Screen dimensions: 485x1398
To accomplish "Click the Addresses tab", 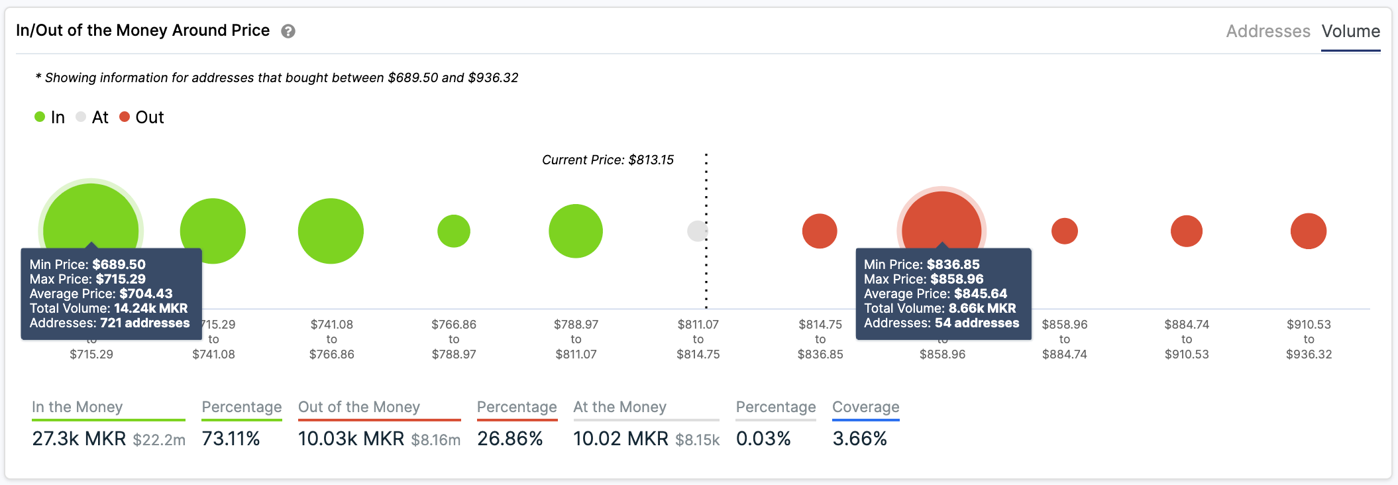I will click(1267, 31).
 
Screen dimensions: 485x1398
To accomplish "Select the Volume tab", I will click(1350, 31).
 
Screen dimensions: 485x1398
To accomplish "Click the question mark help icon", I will click(288, 31).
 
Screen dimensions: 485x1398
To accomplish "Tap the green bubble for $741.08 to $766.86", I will click(331, 231).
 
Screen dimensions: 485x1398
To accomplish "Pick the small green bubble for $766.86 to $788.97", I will click(454, 231).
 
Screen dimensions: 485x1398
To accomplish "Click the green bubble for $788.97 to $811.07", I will click(576, 231).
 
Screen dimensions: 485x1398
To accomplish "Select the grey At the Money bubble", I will click(697, 231).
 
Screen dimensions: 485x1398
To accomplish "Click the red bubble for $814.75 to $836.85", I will click(820, 231).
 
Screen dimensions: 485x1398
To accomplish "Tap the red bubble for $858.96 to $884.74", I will click(1065, 231).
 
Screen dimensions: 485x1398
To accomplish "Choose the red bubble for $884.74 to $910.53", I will click(1187, 231).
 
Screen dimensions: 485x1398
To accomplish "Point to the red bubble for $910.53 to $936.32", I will click(1309, 231).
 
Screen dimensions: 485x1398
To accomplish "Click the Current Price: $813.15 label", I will click(608, 160).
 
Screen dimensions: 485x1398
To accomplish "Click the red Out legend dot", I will click(125, 117).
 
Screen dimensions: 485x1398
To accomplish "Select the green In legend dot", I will click(40, 117).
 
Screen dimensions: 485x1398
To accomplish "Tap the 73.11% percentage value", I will click(231, 439).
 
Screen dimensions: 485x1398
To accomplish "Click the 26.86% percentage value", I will click(510, 439).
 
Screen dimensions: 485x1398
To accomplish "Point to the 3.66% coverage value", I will click(859, 439).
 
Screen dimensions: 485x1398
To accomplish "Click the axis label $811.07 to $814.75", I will click(698, 339).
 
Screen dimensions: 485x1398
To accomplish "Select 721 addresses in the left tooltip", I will click(144, 323).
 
